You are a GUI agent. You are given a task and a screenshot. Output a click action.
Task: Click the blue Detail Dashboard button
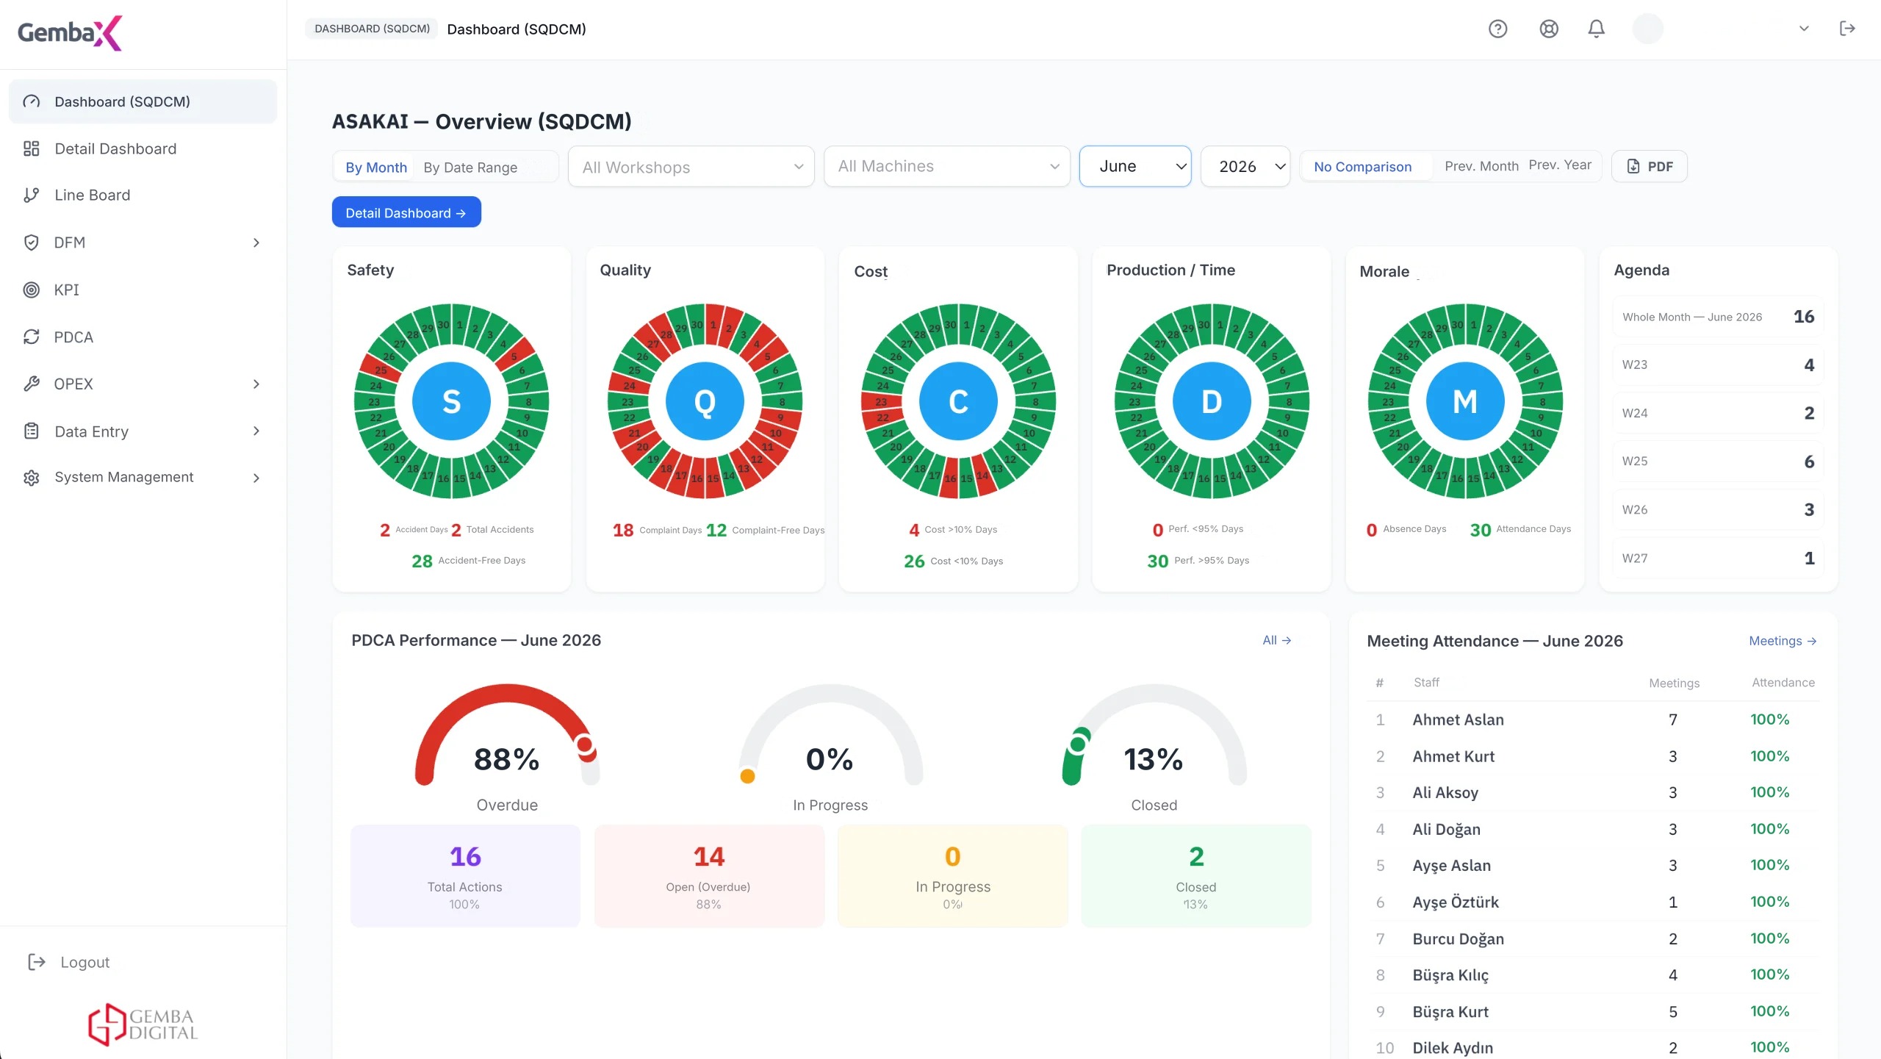pos(406,212)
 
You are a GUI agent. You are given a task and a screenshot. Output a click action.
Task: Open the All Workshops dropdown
pos(691,167)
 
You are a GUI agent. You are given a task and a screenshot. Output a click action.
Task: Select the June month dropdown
pos(1135,167)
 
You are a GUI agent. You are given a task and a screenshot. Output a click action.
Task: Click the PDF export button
pos(1650,167)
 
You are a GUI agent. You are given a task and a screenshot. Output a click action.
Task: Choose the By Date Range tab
pos(470,168)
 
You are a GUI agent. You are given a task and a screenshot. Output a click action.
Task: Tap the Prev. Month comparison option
pos(1481,167)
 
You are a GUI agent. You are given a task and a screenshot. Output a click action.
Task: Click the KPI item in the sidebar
pos(66,290)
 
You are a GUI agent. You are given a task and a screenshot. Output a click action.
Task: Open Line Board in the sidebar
pos(92,195)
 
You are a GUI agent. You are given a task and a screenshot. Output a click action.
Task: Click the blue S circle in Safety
pos(451,401)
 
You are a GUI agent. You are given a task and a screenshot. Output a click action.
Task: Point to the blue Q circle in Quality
pos(705,401)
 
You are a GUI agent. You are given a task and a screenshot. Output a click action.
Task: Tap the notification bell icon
pos(1596,29)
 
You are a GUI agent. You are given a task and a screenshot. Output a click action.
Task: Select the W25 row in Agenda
pos(1718,462)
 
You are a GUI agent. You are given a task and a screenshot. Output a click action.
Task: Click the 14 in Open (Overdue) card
pos(709,856)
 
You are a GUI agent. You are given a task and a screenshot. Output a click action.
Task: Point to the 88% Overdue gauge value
pos(507,759)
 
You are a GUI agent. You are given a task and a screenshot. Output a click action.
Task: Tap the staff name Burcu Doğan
pos(1458,938)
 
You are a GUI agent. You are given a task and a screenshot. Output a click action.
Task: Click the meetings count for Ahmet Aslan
pos(1673,719)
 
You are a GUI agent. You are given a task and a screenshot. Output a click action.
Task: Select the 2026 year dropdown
pos(1245,167)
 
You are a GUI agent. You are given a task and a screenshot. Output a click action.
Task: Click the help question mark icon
pos(1497,29)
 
